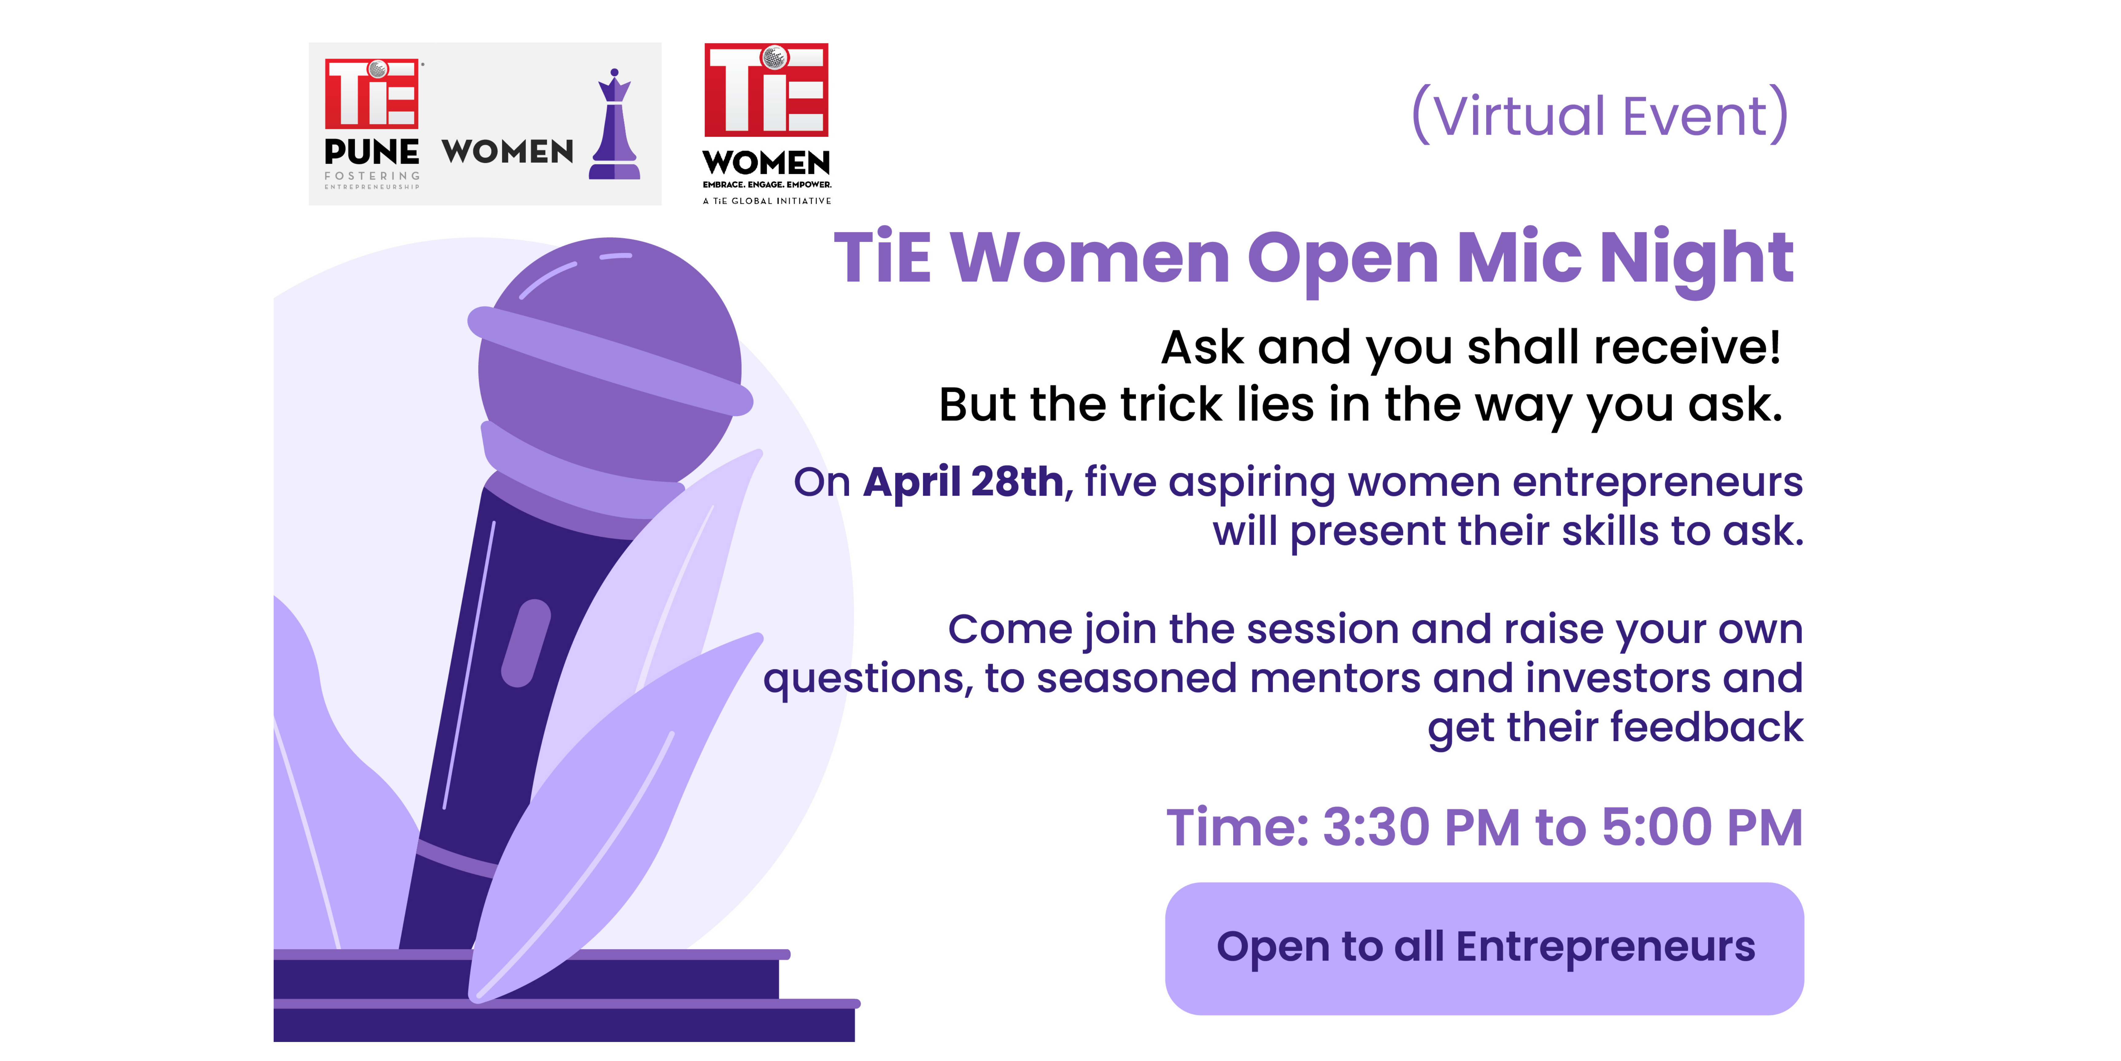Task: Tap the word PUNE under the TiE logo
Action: click(x=371, y=152)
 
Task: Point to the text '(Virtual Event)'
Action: click(x=1600, y=115)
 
